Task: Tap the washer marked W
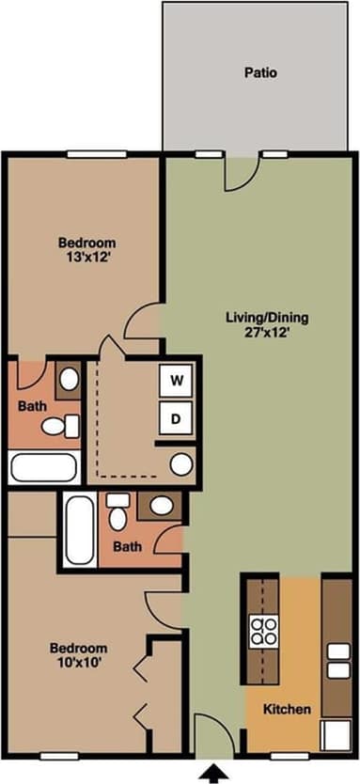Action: (175, 381)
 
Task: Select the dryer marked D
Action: (175, 417)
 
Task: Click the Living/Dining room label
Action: (267, 317)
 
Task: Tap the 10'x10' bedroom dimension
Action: (78, 663)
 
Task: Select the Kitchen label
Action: (287, 710)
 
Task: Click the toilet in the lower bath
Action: (117, 512)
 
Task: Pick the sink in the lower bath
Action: (161, 507)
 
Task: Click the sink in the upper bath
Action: (69, 380)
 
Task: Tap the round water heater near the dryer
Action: (181, 463)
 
